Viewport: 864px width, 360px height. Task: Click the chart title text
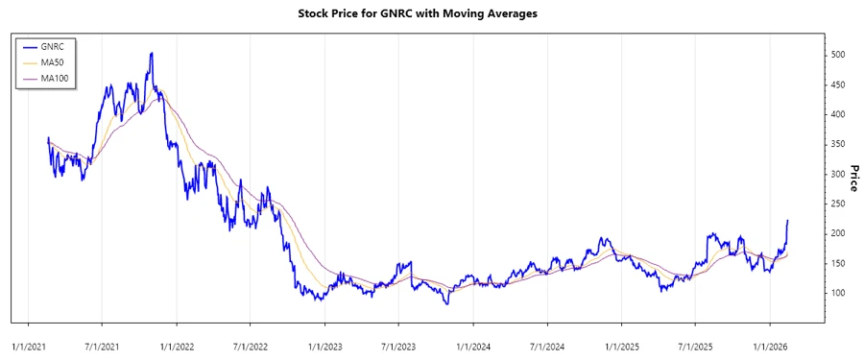click(x=431, y=14)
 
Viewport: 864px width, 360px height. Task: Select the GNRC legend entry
click(x=56, y=46)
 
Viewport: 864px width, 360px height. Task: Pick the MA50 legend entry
click(x=54, y=62)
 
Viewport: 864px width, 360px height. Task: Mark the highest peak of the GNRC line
click(x=151, y=54)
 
